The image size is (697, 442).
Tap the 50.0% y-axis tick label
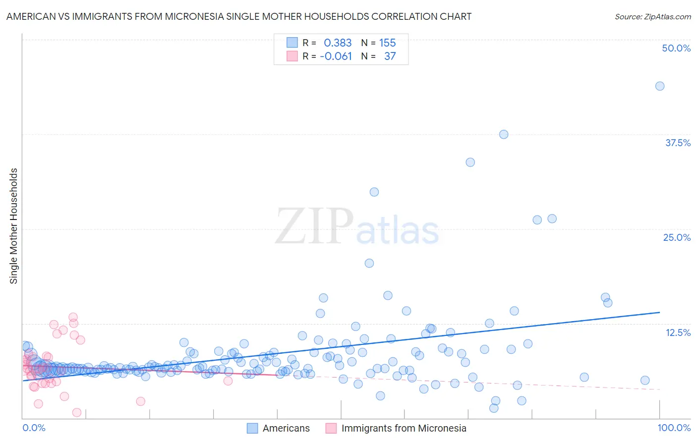pyautogui.click(x=676, y=48)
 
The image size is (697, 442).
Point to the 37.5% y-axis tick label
pyautogui.click(x=678, y=143)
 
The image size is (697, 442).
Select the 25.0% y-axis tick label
pyautogui.click(x=677, y=237)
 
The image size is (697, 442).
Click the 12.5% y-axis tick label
pyautogui.click(x=678, y=332)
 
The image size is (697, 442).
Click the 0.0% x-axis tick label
pyautogui.click(x=34, y=428)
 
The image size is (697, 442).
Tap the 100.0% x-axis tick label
pyautogui.click(x=674, y=428)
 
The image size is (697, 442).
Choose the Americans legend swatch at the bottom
pyautogui.click(x=252, y=428)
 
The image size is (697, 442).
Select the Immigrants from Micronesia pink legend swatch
pyautogui.click(x=331, y=428)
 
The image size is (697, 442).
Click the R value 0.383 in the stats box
pyautogui.click(x=338, y=43)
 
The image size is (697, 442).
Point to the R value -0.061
pyautogui.click(x=336, y=56)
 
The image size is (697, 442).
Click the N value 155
pyautogui.click(x=387, y=43)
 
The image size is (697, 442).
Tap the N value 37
pyautogui.click(x=390, y=56)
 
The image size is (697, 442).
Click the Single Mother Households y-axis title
pyautogui.click(x=14, y=226)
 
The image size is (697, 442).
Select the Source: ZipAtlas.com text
pyautogui.click(x=652, y=16)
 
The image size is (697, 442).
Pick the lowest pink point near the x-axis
pyautogui.click(x=77, y=412)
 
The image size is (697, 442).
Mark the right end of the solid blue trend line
pyautogui.click(x=659, y=312)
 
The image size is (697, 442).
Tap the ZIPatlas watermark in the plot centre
pyautogui.click(x=357, y=226)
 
